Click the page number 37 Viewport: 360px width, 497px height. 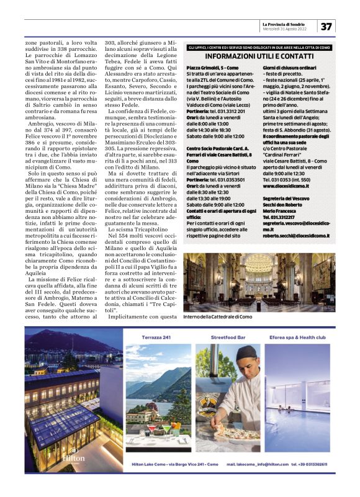(327, 27)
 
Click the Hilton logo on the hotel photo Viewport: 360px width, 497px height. (74, 455)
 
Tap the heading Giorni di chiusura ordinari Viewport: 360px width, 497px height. (289, 67)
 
